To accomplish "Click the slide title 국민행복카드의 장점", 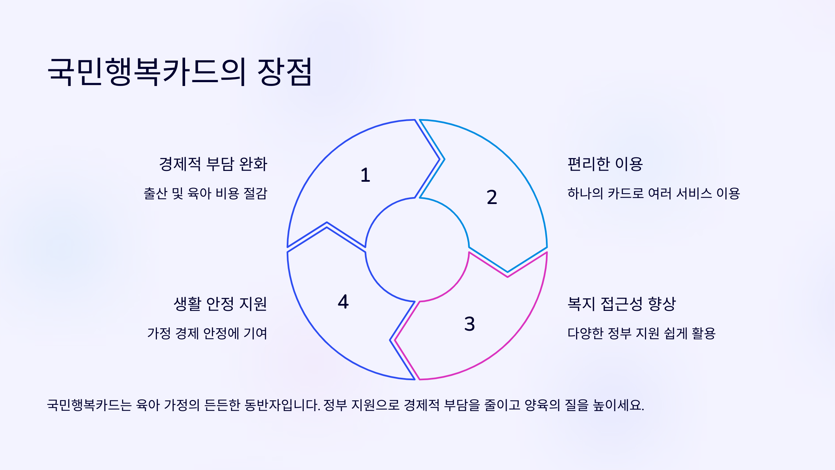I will point(180,72).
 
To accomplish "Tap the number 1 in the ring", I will point(365,175).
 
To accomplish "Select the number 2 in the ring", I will point(492,197).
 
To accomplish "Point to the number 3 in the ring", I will point(469,324).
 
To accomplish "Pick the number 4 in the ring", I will point(343,302).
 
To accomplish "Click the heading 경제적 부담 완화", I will point(213,164).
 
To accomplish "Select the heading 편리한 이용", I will point(605,164).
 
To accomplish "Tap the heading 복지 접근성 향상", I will point(621,304).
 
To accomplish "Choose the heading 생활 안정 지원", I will point(220,304).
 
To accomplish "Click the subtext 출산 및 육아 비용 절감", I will point(206,194).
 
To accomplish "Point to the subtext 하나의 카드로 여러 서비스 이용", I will point(653,194).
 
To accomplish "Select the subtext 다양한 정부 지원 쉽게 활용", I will point(641,334).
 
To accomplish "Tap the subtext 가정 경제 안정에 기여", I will point(207,334).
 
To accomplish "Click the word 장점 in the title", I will point(285,72).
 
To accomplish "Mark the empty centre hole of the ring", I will point(417,250).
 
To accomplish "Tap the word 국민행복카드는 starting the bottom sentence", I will point(89,405).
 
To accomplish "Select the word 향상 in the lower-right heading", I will point(662,304).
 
